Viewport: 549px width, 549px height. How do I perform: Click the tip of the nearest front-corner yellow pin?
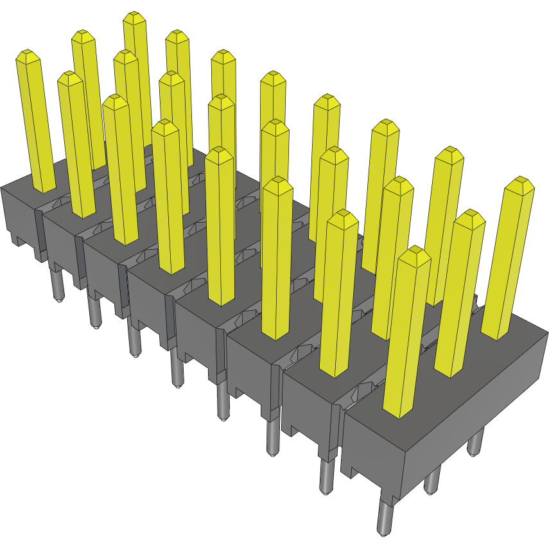[414, 255]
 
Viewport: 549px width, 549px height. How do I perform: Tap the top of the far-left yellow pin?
[28, 56]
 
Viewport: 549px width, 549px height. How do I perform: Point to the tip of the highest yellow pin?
[134, 17]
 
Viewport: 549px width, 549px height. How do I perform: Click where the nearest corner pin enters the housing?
[399, 411]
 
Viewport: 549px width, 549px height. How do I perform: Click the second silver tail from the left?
[94, 315]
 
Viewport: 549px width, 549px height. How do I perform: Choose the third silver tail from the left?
[134, 340]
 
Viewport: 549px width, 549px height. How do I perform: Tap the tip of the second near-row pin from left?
[70, 78]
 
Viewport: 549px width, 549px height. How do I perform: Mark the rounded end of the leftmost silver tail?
[59, 300]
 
